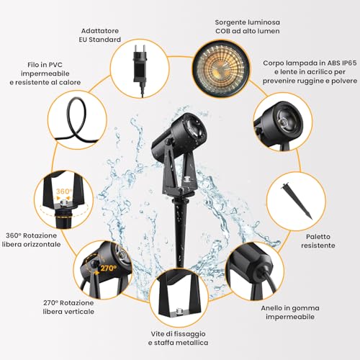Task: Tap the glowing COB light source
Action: coord(220,71)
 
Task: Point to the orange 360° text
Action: coord(64,192)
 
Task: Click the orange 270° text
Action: coord(108,268)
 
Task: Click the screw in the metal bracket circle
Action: coord(179,311)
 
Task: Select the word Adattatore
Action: coord(100,31)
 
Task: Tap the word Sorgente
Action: coord(230,22)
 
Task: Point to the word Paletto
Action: coord(318,237)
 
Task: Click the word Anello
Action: coord(271,308)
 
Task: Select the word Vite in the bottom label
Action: coord(156,334)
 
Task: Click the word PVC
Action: coord(55,65)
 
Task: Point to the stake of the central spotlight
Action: coord(179,230)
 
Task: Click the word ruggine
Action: coord(310,81)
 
